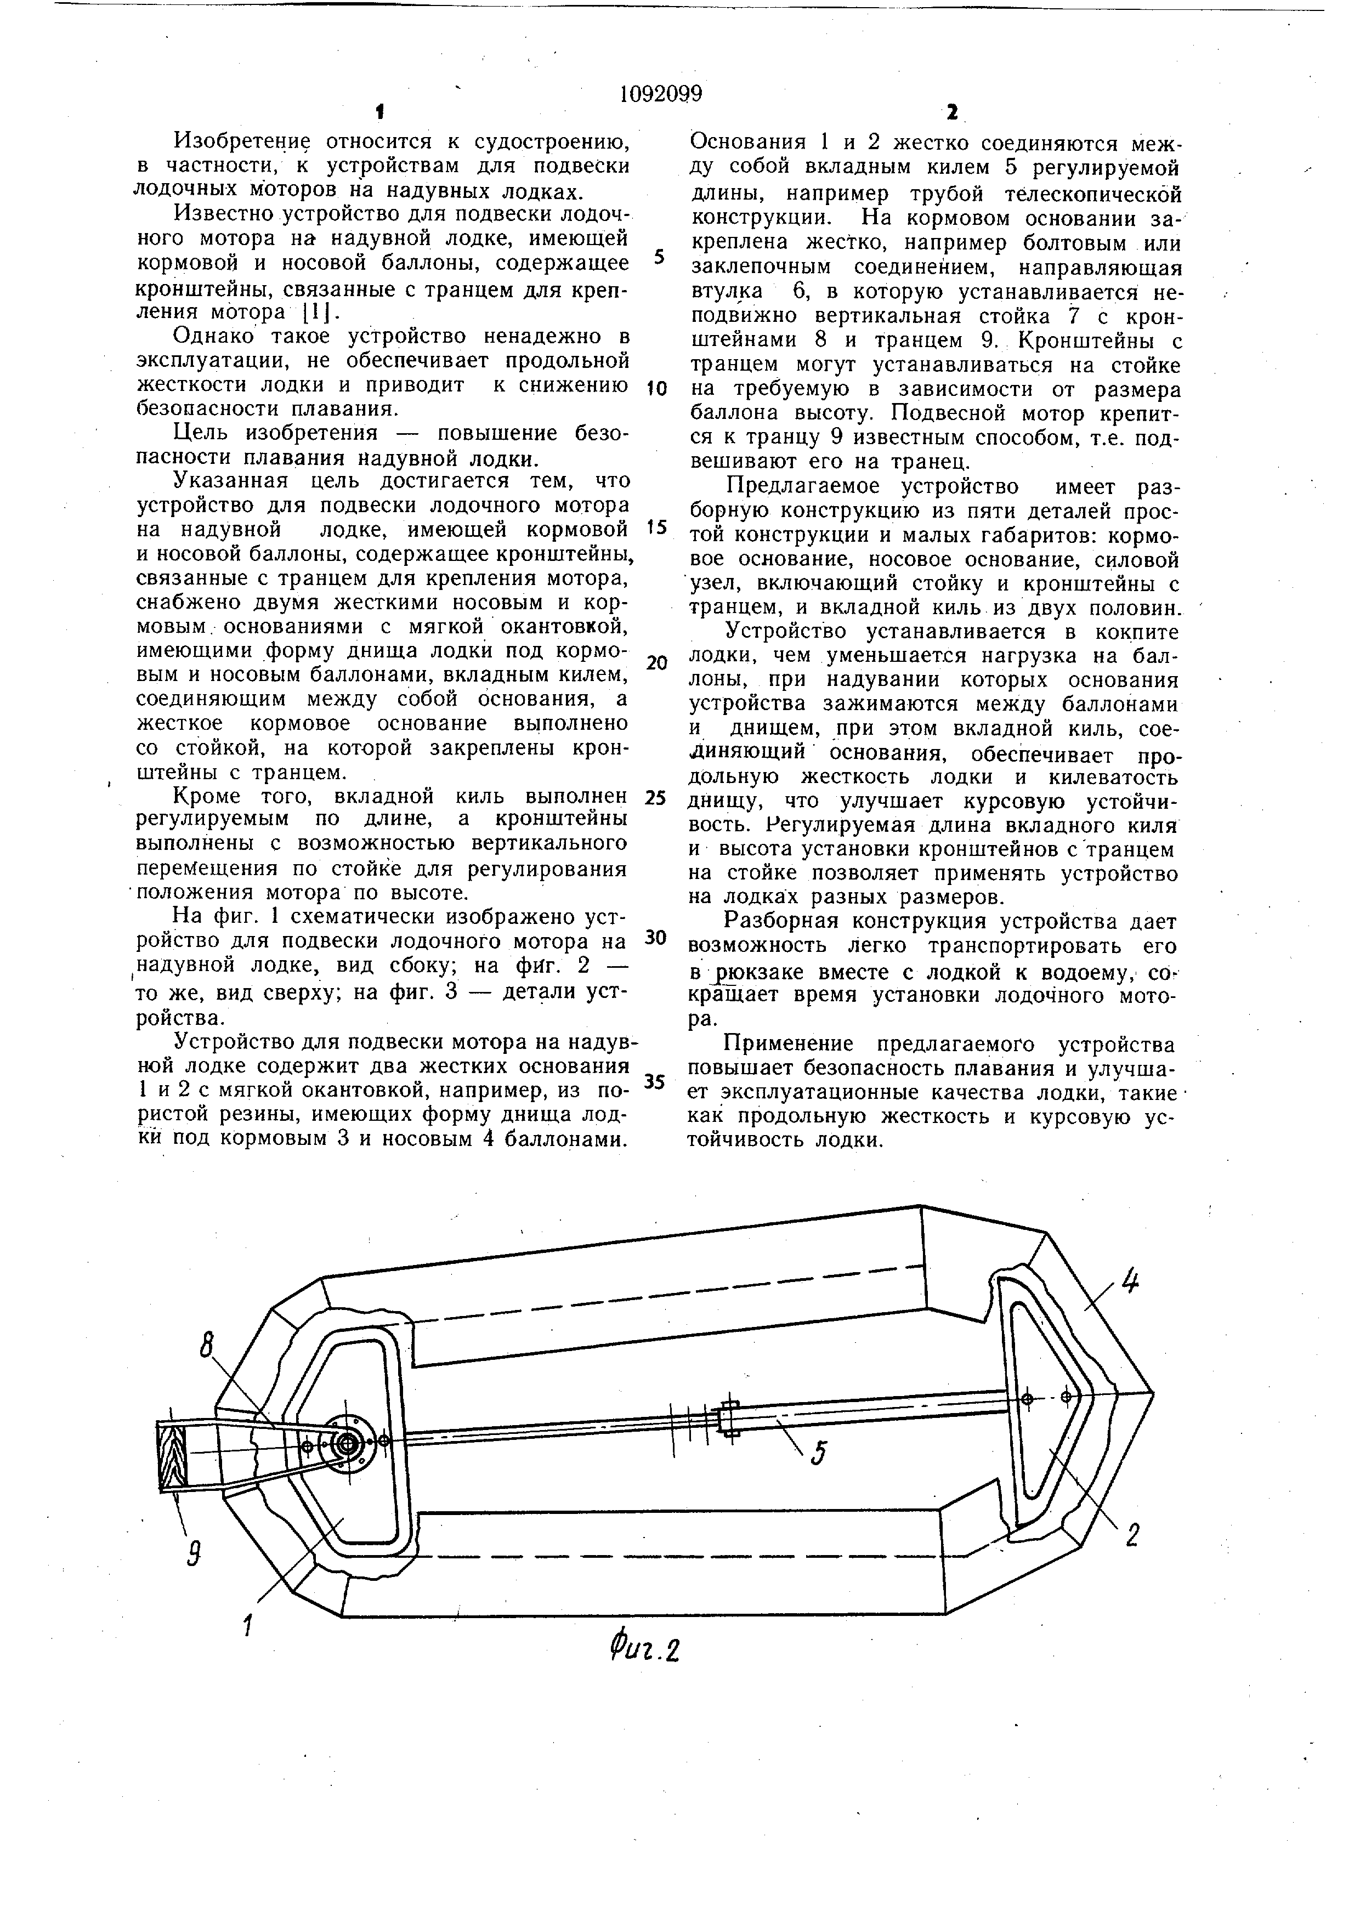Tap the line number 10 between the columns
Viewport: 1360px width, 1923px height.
click(x=658, y=389)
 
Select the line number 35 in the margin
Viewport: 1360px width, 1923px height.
click(x=656, y=1081)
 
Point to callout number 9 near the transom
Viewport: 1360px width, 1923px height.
click(x=194, y=1555)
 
